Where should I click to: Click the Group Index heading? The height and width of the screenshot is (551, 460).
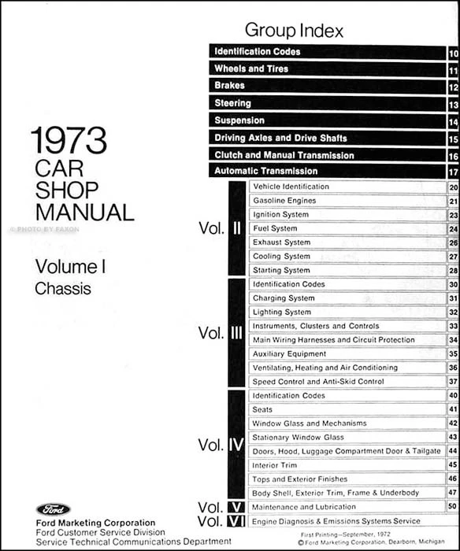[x=294, y=31]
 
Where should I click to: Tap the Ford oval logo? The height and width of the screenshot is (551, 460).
[x=52, y=509]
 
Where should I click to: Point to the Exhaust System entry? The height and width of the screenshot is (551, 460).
[x=281, y=242]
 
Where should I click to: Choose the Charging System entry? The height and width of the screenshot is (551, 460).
[x=283, y=298]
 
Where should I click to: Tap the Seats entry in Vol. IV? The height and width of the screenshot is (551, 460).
[x=262, y=409]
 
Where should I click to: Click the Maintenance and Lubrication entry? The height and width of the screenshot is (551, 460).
[x=304, y=507]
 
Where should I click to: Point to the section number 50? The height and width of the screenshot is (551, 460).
[x=453, y=507]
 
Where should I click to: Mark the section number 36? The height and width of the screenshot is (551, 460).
[x=453, y=368]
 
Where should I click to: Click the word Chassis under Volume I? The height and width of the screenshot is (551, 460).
[x=63, y=289]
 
